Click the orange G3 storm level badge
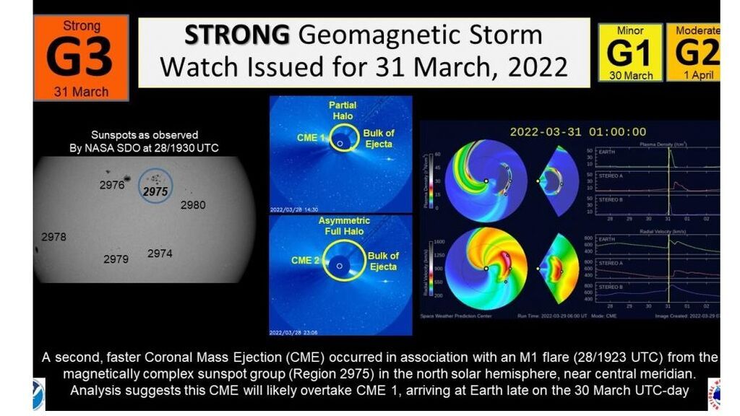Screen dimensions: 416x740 click(81, 58)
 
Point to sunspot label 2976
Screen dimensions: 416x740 click(112, 186)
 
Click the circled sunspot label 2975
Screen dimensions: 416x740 click(155, 191)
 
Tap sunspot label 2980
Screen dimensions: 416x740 click(193, 205)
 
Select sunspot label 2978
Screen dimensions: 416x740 click(53, 237)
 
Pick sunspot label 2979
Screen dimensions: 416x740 click(116, 259)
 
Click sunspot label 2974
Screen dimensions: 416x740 click(160, 253)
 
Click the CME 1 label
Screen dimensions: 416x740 click(308, 137)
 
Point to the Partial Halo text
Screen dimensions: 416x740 click(343, 110)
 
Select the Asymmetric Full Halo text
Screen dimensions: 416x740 click(345, 225)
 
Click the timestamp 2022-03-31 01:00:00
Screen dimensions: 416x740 click(577, 131)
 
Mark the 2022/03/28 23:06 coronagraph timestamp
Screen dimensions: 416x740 click(293, 333)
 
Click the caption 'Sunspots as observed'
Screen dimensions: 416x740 click(145, 135)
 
